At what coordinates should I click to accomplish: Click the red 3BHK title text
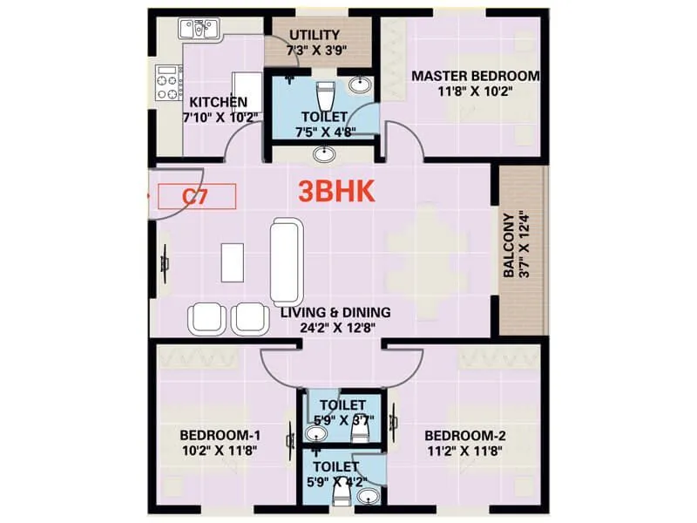337,192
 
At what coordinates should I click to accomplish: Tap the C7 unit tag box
196,196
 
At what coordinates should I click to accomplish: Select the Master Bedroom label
475,76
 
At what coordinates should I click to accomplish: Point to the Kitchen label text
213,102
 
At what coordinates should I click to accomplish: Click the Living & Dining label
335,312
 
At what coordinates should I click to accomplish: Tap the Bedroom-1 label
220,436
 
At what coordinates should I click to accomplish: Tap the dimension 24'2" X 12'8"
335,329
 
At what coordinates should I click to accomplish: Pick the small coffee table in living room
233,261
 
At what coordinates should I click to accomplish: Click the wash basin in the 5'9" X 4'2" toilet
369,498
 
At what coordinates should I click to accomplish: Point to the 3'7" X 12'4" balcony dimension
524,245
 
